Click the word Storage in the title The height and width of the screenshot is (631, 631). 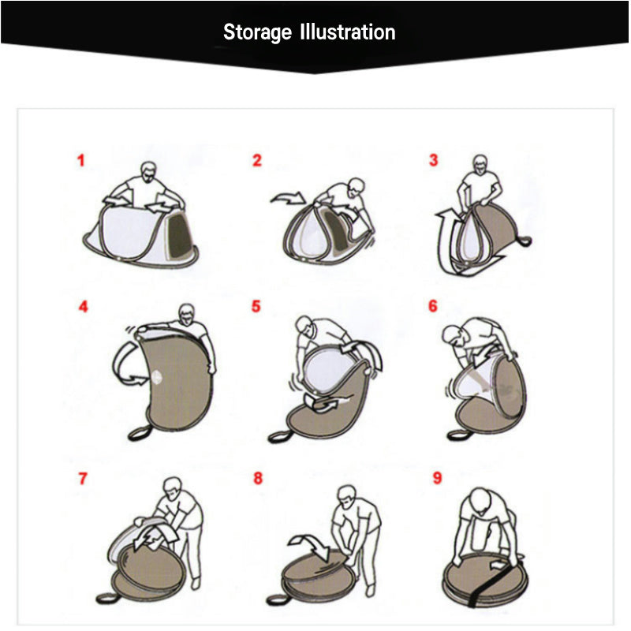pos(257,32)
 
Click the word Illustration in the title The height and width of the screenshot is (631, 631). pos(348,32)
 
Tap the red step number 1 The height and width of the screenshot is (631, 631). pos(81,161)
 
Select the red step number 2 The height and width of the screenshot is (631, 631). pos(257,161)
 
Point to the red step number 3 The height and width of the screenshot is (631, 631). pos(433,160)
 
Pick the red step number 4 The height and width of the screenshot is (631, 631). pos(83,307)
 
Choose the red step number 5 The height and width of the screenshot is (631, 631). pos(256,306)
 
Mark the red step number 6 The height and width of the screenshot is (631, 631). pos(432,306)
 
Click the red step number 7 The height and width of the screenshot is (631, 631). pos(83,479)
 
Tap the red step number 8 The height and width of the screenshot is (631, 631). pos(258,478)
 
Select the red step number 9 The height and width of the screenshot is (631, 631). pos(437,478)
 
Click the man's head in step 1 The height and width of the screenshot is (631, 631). pos(148,173)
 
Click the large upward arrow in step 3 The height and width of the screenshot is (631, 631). pos(445,241)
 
